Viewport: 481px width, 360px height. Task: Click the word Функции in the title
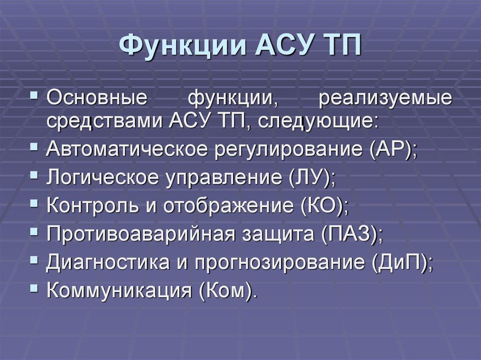pyautogui.click(x=183, y=46)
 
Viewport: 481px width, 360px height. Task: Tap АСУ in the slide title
pyautogui.click(x=282, y=46)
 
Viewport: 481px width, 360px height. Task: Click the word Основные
pyautogui.click(x=97, y=98)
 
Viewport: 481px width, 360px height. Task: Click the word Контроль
pyautogui.click(x=93, y=206)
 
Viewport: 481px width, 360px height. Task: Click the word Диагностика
pyautogui.click(x=108, y=262)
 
